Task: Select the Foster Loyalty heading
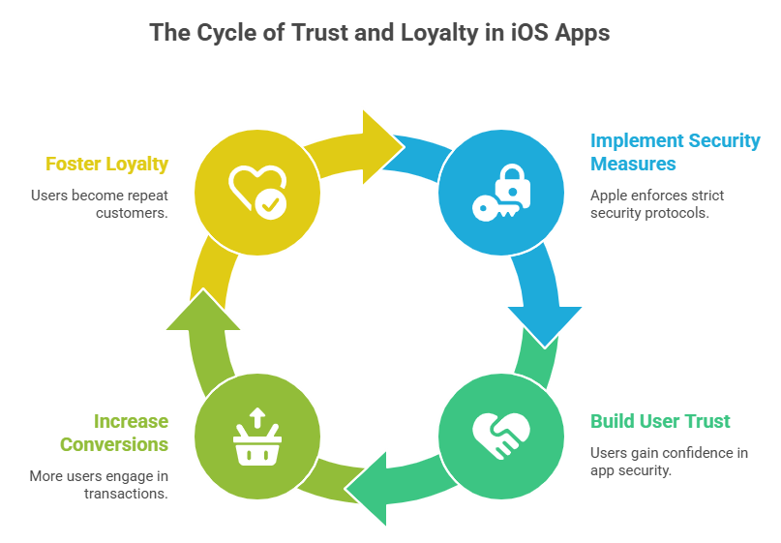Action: point(106,165)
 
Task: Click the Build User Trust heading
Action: point(660,421)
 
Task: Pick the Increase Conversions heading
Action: point(114,433)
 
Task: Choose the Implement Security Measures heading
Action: point(675,152)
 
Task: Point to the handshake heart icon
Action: point(500,435)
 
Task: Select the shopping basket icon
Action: point(256,437)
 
